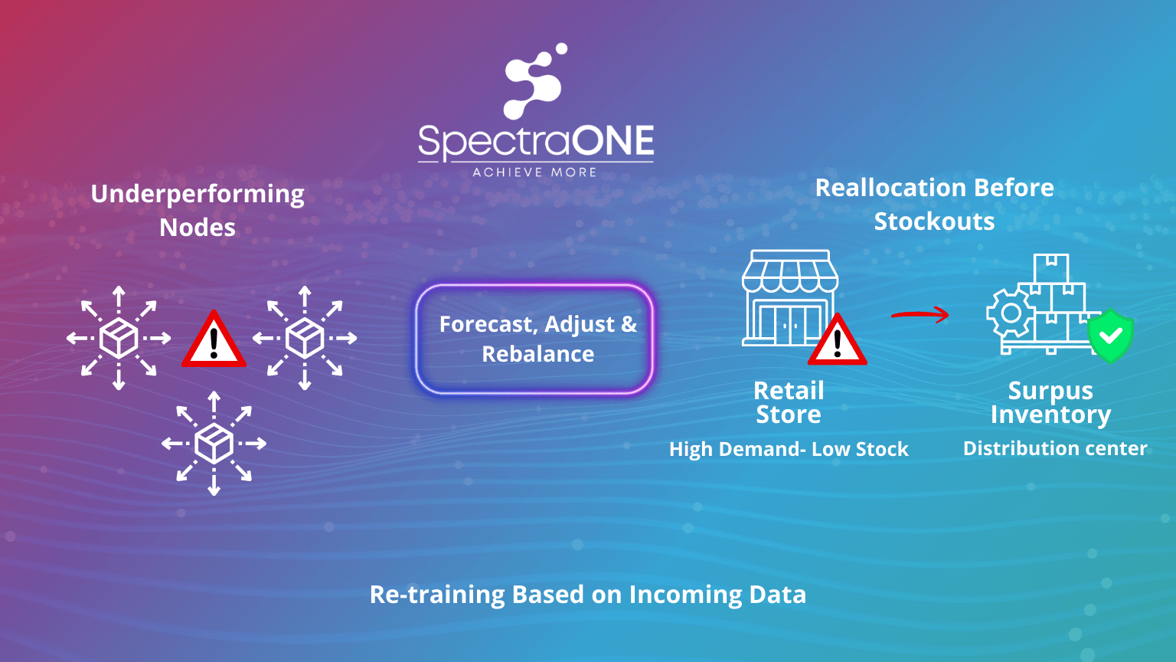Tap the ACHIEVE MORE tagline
[x=534, y=172]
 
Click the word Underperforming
[x=198, y=195]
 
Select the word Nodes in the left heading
[x=198, y=228]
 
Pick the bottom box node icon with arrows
[x=214, y=443]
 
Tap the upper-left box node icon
[x=119, y=338]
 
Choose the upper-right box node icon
[x=305, y=338]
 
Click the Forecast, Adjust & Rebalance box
[x=534, y=339]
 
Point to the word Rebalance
[x=538, y=354]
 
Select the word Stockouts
[x=934, y=221]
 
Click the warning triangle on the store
[x=837, y=340]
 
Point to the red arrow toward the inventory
[x=920, y=313]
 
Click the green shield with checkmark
[x=1110, y=336]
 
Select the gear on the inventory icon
[x=1011, y=313]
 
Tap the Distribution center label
[x=1055, y=448]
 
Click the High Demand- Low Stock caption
[x=789, y=449]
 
